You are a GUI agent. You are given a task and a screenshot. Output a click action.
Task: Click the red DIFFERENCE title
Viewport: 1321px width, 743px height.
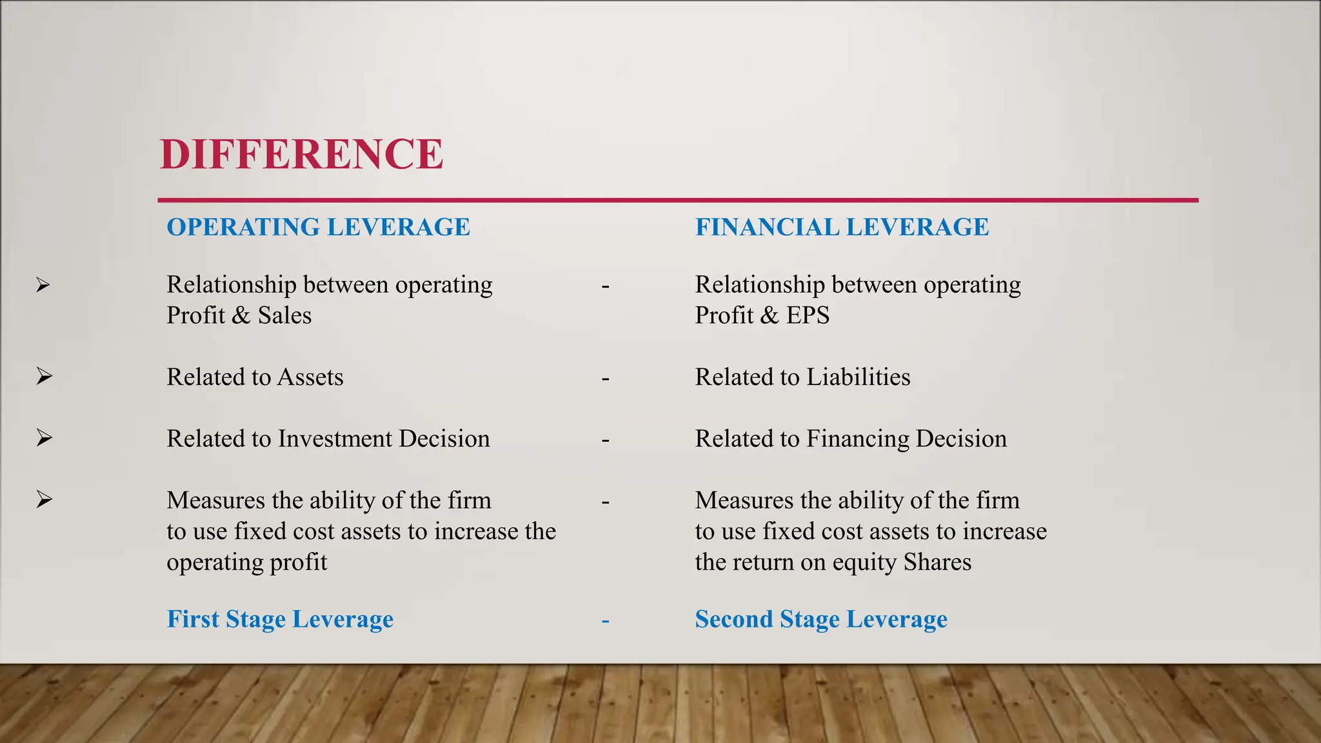301,155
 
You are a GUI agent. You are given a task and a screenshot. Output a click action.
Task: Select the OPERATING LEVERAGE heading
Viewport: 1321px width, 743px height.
318,227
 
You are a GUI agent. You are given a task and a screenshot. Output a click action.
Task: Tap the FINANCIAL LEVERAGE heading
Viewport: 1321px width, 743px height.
842,227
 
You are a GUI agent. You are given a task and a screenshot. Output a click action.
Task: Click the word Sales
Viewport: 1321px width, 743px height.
284,315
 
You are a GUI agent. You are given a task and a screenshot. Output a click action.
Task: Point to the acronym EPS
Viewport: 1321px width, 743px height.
808,315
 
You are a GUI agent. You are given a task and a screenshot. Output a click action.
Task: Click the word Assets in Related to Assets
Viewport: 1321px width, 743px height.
310,377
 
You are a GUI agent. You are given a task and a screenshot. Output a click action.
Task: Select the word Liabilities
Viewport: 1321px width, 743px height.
859,377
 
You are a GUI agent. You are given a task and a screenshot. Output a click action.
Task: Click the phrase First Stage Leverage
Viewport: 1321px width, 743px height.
280,619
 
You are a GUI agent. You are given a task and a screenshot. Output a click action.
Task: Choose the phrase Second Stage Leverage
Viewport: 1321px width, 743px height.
821,619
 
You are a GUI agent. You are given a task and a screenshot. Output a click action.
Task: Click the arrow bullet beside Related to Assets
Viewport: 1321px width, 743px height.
44,376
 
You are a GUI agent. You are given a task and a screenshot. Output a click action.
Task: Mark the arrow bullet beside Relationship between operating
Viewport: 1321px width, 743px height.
43,284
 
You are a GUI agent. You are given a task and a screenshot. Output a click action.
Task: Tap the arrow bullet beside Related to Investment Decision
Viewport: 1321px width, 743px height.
44,438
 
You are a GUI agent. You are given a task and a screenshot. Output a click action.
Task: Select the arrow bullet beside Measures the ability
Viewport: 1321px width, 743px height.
44,499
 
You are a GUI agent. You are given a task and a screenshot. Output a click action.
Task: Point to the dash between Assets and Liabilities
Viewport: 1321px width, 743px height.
605,379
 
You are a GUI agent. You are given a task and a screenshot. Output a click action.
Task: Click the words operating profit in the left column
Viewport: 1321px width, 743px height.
246,562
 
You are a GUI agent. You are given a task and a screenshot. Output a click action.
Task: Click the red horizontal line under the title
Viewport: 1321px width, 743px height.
677,201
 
